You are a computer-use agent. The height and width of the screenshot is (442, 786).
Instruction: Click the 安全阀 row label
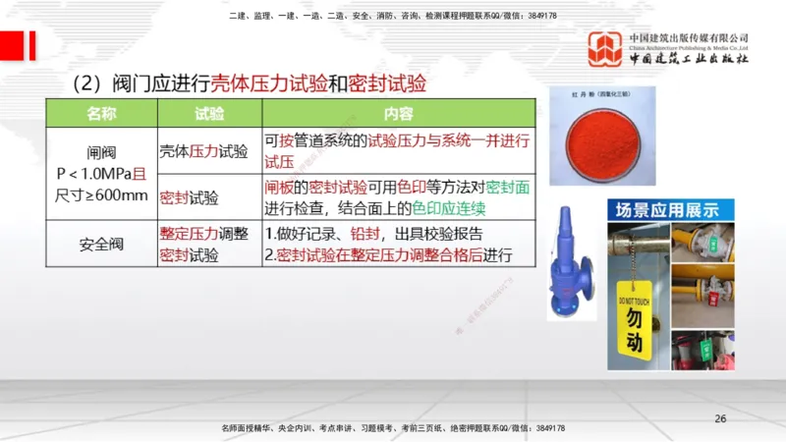click(101, 245)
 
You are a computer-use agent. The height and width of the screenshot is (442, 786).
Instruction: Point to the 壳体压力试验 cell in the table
click(203, 151)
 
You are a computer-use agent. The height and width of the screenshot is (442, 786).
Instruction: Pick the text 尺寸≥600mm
click(101, 194)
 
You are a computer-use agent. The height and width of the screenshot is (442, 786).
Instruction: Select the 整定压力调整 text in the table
click(203, 235)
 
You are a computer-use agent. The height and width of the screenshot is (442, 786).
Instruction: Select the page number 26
click(720, 419)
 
